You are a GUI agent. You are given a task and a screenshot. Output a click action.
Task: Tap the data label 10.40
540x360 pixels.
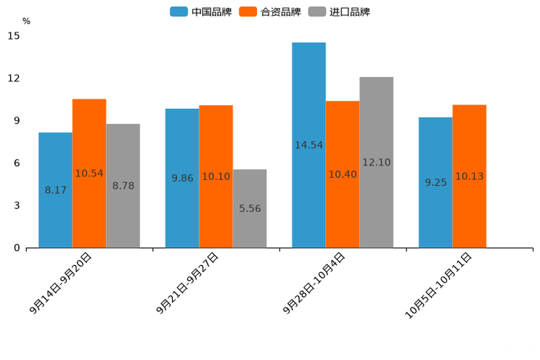(x=343, y=174)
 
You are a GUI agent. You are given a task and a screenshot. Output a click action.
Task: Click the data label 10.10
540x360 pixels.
(x=216, y=176)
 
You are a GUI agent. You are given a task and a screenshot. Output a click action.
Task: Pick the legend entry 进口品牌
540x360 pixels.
(x=340, y=12)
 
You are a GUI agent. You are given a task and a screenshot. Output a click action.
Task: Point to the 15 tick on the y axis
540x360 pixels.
(x=15, y=36)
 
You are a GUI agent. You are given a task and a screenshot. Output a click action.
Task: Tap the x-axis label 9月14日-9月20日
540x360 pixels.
(x=61, y=283)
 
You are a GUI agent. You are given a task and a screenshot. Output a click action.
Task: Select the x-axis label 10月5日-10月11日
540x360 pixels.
(x=438, y=285)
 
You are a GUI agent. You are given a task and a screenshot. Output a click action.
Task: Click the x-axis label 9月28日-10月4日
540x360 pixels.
(x=314, y=283)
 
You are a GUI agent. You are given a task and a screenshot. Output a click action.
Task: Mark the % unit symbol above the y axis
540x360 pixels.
(x=26, y=21)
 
